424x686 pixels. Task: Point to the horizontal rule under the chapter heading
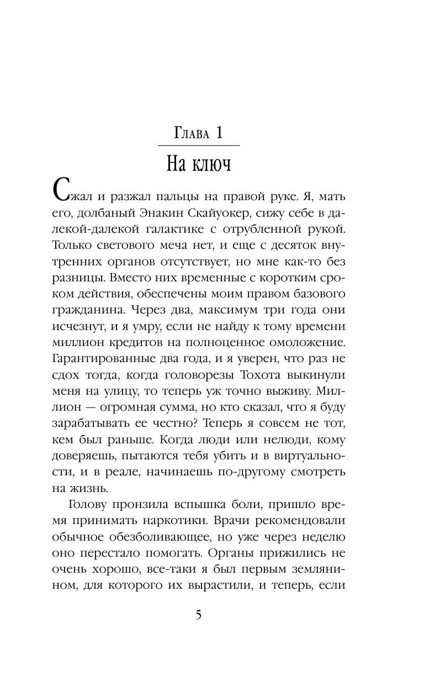pyautogui.click(x=199, y=145)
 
